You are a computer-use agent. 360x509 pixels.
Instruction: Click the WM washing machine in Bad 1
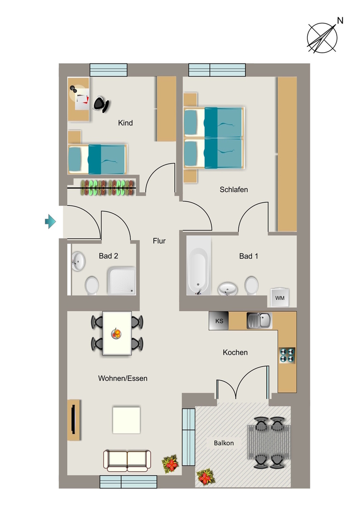280,297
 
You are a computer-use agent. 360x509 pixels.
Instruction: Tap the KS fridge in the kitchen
219,321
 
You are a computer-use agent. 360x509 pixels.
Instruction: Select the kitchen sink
259,321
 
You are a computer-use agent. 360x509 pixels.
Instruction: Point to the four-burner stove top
287,355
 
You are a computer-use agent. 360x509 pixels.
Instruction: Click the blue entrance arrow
50,221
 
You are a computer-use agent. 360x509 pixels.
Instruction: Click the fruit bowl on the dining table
116,333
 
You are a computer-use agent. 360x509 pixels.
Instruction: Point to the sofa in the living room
127,460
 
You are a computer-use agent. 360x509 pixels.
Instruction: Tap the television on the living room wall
74,420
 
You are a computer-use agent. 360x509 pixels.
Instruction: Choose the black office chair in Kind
101,104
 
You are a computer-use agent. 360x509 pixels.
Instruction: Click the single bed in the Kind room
97,159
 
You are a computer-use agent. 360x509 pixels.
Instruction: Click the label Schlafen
234,189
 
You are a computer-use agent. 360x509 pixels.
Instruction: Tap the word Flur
159,241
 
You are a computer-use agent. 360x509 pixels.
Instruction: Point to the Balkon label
224,443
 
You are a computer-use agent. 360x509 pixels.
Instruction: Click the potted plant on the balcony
205,477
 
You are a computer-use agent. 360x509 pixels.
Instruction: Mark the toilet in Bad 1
251,285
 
